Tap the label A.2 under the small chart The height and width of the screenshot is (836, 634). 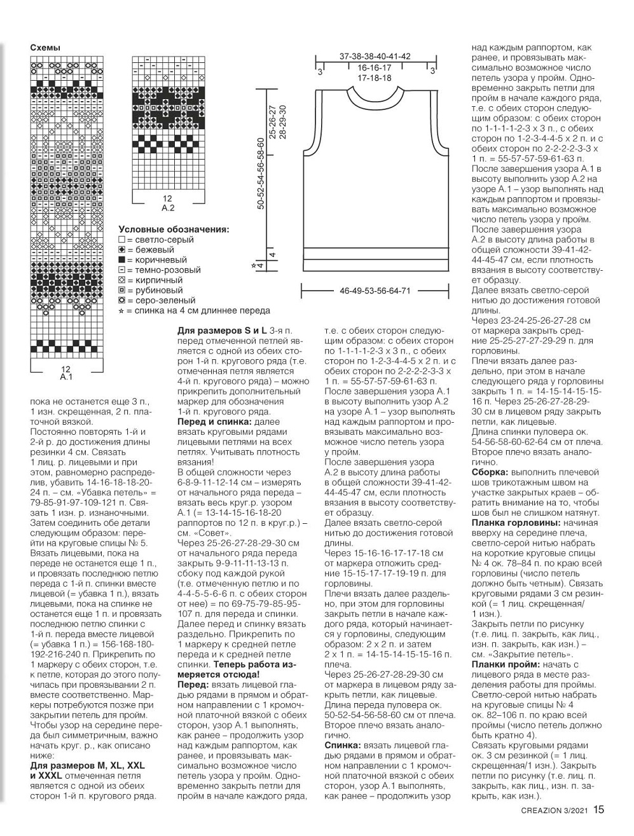click(168, 207)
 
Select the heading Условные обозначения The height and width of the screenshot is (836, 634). click(174, 230)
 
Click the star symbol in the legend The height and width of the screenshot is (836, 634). click(121, 310)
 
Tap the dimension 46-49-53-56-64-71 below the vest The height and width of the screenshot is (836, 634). click(375, 291)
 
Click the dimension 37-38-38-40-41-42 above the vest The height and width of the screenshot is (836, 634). click(375, 56)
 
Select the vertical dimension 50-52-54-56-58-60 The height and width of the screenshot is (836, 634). click(260, 174)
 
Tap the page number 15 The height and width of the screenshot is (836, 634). click(600, 810)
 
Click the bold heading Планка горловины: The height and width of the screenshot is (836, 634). click(516, 523)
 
